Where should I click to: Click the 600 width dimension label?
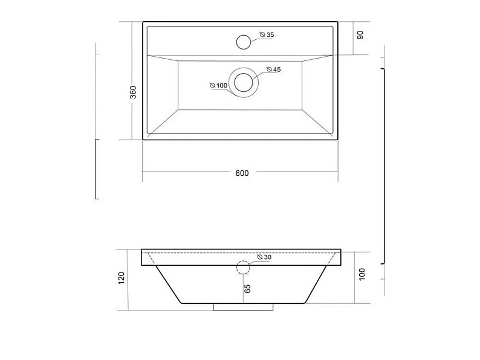242,173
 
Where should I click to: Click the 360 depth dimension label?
133,92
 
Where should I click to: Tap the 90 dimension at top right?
360,35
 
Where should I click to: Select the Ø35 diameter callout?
267,34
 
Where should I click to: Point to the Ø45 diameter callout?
274,69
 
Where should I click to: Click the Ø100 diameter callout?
219,85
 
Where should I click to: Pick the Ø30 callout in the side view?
264,257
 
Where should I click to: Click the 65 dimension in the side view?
248,289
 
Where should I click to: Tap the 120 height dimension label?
122,278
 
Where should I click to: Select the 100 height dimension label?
362,274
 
